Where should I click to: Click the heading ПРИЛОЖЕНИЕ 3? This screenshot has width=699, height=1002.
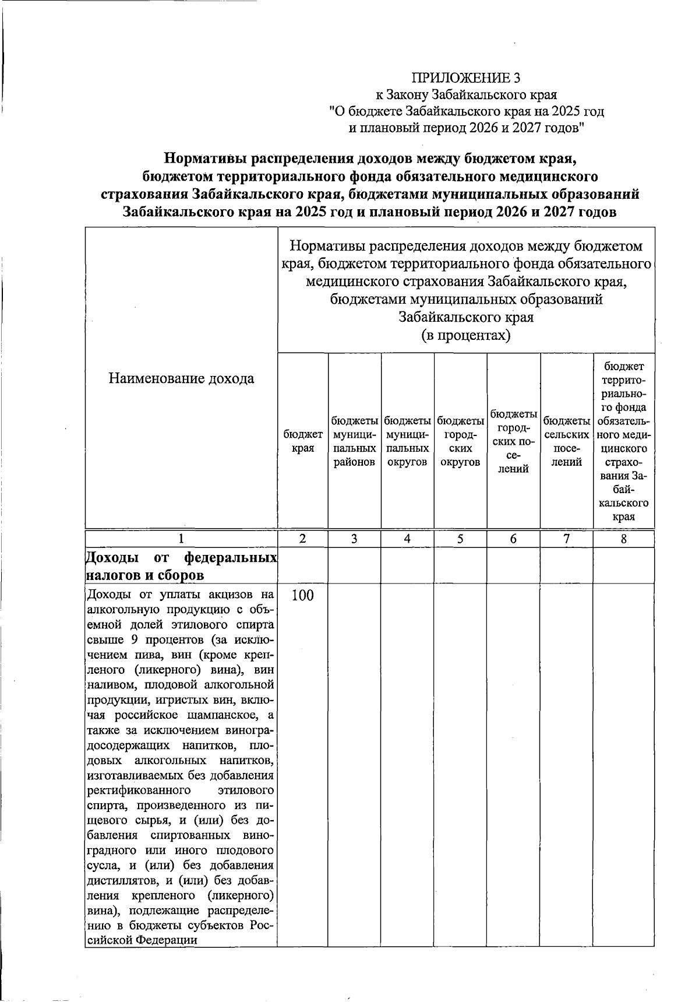465,78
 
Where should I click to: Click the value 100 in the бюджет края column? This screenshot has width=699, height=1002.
302,595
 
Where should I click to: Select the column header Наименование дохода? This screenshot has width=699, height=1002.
181,378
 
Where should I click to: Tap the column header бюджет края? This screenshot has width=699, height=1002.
303,441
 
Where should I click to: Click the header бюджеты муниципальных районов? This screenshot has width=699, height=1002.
354,441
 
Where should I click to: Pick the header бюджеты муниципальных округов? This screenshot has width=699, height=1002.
407,441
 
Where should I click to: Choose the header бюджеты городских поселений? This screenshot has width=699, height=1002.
513,441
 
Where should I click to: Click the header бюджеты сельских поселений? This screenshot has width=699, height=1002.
566,441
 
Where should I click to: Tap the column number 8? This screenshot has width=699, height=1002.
623,539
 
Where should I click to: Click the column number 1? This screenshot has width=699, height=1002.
181,539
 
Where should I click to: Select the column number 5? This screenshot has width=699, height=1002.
460,539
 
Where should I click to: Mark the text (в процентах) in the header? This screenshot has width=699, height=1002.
465,336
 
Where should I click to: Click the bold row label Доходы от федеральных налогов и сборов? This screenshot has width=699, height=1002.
181,567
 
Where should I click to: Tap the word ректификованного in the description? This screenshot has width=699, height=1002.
139,791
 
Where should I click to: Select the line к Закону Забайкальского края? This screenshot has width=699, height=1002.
465,94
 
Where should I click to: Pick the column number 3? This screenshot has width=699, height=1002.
354,539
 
